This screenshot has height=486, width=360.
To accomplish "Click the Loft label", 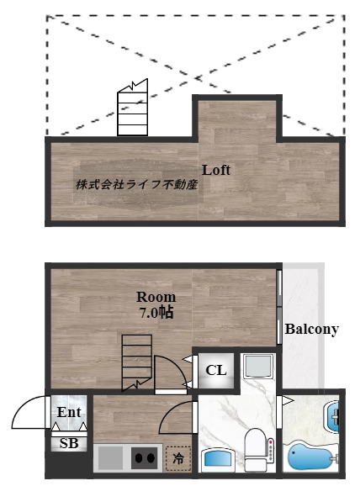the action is click(x=216, y=170).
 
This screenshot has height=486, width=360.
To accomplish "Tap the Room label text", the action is click(x=156, y=297).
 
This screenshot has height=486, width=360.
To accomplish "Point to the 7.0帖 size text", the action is click(x=156, y=313).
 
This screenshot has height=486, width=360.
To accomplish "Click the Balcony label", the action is click(x=311, y=329).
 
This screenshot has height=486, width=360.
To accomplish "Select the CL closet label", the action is click(x=216, y=370).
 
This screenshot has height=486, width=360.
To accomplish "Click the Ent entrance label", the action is click(x=69, y=412).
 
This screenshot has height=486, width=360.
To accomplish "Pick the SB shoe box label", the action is click(x=69, y=443).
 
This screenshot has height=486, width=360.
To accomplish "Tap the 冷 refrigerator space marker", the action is click(x=178, y=459).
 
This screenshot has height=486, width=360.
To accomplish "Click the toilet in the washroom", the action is click(x=256, y=450).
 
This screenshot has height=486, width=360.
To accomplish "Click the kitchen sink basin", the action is click(x=110, y=457).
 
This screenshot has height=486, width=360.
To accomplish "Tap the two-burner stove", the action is click(x=145, y=457).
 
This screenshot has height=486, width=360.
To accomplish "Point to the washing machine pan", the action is click(x=258, y=367).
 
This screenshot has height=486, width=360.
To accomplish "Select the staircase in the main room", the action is click(x=137, y=362).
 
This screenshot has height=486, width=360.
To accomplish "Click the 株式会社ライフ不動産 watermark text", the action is click(x=137, y=185).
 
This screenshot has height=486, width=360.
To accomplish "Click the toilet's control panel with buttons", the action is click(x=271, y=449).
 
